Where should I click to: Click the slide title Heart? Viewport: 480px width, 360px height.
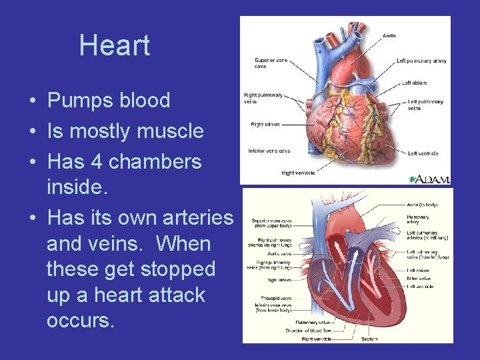pos(115,45)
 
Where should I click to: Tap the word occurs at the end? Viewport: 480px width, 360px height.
pos(81,321)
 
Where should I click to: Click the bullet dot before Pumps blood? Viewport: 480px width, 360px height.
pos(32,101)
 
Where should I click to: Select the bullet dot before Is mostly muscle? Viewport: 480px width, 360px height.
pos(32,131)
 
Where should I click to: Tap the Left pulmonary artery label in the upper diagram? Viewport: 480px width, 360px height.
pos(421,61)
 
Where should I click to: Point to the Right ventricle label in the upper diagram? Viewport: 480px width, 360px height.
pos(297,173)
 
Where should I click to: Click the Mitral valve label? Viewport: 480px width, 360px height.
pos(419,278)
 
